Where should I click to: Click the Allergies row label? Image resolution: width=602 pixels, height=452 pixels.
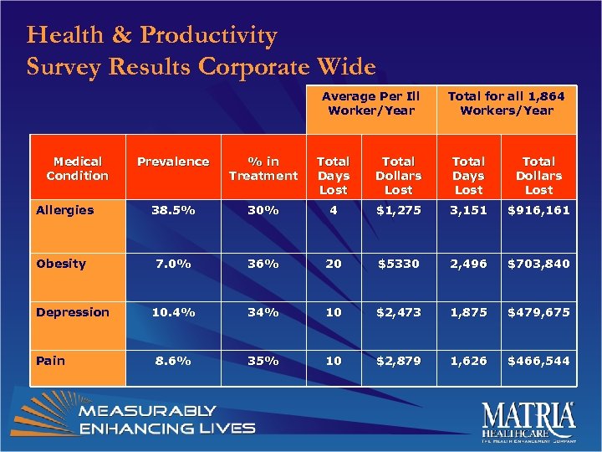point(65,210)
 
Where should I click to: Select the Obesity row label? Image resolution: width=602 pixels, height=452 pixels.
point(61,264)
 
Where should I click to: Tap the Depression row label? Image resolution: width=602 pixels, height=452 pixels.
point(73,312)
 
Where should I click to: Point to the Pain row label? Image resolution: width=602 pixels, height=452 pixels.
point(50,361)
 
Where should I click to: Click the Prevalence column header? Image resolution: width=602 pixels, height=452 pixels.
point(173,162)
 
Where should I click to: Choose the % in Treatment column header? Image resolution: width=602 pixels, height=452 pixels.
point(263,168)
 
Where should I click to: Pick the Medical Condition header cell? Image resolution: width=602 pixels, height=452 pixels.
point(77,168)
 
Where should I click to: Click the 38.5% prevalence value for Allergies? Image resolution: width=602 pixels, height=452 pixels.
point(173,210)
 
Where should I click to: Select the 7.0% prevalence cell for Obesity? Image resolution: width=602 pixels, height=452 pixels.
point(173,264)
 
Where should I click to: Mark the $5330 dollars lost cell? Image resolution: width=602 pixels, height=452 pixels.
point(398,264)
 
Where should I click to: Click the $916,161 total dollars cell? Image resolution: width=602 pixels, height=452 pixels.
point(538,210)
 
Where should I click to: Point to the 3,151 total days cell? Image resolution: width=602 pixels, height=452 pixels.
point(468,210)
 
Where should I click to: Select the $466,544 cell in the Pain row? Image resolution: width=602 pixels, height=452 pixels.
point(538,361)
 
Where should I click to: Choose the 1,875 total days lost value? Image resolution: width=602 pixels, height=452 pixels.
point(468,312)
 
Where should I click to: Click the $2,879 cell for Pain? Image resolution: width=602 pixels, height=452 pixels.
point(398,361)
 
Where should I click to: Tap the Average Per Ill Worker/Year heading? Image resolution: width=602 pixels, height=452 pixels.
point(371,103)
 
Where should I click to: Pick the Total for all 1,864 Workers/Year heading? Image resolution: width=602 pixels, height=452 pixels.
point(506,103)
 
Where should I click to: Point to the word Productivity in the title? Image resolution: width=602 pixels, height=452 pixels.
point(208,36)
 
